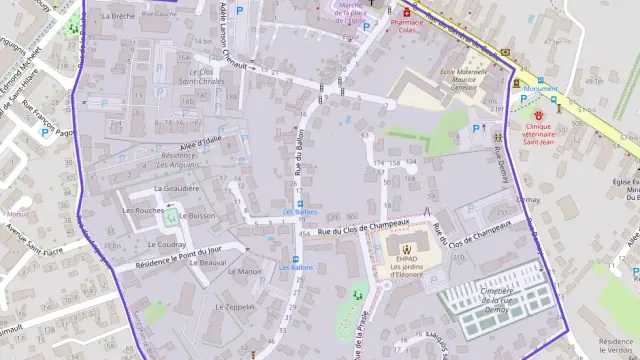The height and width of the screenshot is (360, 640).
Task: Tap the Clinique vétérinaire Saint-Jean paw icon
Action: pyautogui.click(x=538, y=116)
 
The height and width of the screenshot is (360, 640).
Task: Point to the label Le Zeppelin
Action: pyautogui.click(x=235, y=306)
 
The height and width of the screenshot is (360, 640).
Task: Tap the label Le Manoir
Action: pyautogui.click(x=244, y=271)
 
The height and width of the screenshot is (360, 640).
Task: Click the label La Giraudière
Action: pyautogui.click(x=176, y=188)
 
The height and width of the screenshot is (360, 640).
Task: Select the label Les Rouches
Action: pyautogui.click(x=142, y=210)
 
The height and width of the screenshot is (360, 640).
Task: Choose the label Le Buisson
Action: pyautogui.click(x=200, y=215)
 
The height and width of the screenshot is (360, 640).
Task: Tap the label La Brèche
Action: pyautogui.click(x=117, y=17)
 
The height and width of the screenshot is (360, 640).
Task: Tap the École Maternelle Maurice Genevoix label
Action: pyautogui.click(x=456, y=79)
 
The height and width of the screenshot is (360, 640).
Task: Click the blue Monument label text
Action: pyautogui.click(x=540, y=89)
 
